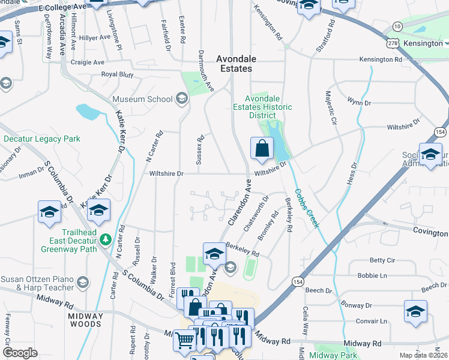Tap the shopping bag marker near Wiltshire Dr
[262, 149]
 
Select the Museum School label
[142, 99]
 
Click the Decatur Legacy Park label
[41, 139]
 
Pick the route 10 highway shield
[397, 26]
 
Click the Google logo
[20, 353]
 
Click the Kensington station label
[423, 44]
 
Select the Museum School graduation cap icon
[181, 99]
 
